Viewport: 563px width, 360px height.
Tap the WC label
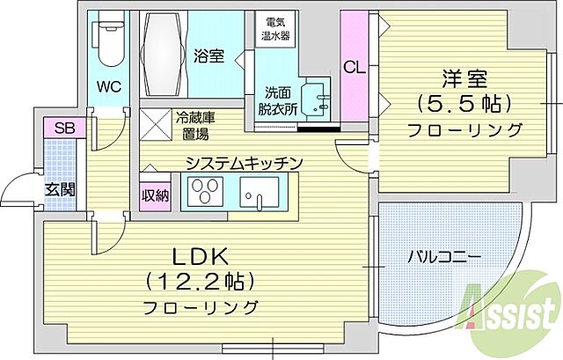tap(109, 87)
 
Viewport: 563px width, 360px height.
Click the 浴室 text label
tap(208, 56)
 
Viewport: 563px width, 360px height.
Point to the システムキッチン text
tap(244, 162)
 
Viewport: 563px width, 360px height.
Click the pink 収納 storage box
tap(155, 195)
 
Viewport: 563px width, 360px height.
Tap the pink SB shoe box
tap(64, 128)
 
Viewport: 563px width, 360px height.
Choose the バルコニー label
tap(442, 257)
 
